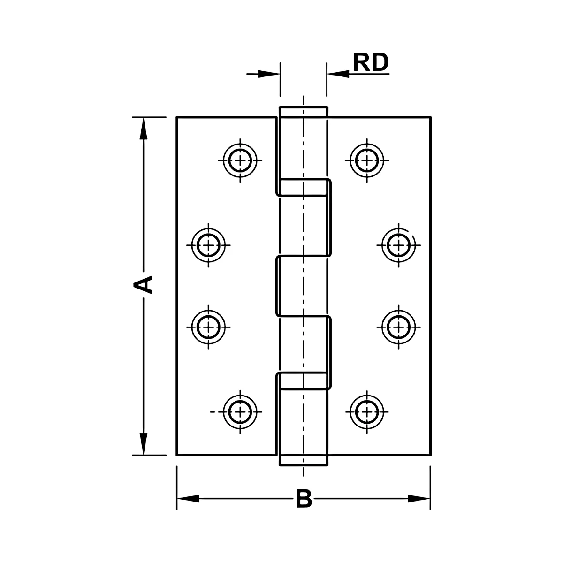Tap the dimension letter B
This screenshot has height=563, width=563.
pos(304,499)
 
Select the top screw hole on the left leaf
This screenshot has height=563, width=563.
pos(240,160)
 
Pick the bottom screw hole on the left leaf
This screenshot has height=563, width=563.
pos(240,411)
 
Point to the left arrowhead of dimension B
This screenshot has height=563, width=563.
pos(188,499)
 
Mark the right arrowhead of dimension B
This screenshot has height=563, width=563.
pos(419,499)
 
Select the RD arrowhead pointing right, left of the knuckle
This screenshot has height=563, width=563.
pos(269,74)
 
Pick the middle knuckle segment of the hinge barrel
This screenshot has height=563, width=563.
pos(304,285)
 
